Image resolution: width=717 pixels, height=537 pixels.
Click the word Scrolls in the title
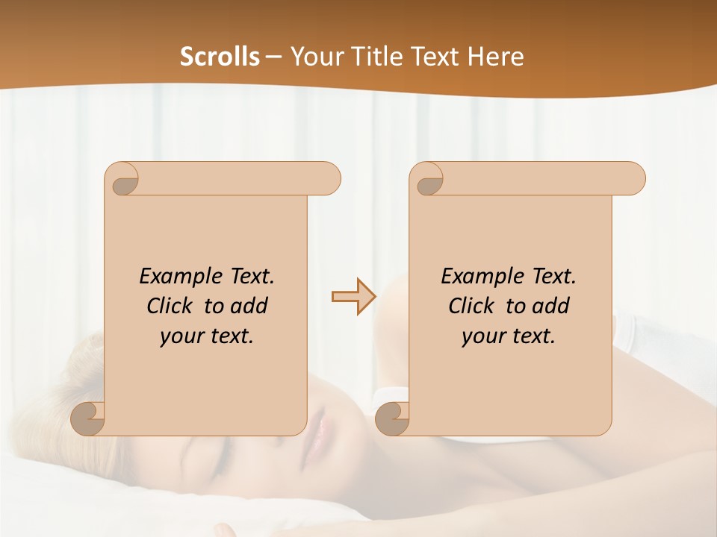220,57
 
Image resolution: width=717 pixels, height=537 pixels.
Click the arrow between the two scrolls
353,297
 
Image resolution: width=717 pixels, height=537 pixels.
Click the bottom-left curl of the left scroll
88,419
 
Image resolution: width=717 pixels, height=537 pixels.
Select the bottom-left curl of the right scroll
392,419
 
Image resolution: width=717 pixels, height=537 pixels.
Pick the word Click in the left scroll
169,306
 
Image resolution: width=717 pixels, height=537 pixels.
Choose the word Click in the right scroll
471,306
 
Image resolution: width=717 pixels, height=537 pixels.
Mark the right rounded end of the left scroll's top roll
328,178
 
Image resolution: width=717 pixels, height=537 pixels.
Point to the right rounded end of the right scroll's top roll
633,178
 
